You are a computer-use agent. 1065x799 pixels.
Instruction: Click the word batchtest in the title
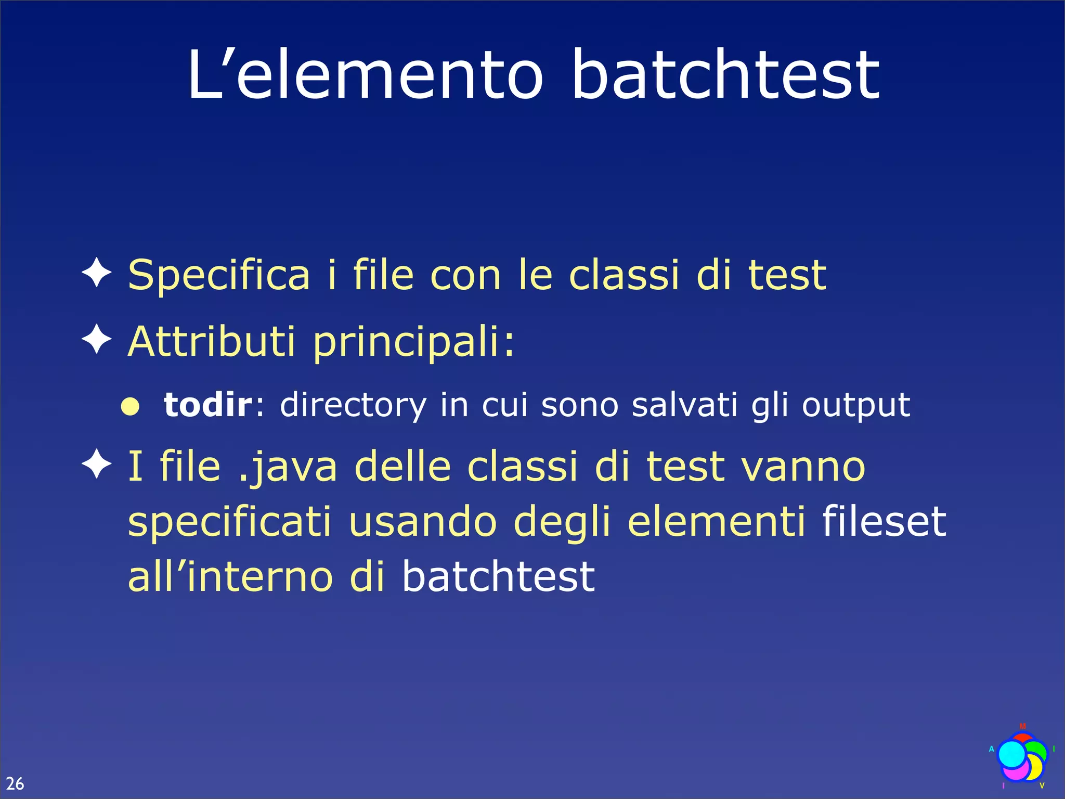click(x=725, y=75)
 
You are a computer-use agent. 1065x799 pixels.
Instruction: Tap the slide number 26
click(x=15, y=783)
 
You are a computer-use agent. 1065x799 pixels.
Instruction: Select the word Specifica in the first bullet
click(x=219, y=276)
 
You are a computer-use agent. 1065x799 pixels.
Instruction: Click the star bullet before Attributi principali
click(x=97, y=339)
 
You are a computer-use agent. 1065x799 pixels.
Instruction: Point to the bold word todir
click(x=207, y=404)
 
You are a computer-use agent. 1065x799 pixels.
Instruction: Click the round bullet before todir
click(x=130, y=407)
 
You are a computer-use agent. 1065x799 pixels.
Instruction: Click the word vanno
click(x=803, y=467)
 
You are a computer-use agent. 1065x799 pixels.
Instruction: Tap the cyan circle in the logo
click(x=1012, y=754)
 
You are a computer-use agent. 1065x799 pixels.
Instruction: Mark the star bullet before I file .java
click(x=97, y=464)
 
